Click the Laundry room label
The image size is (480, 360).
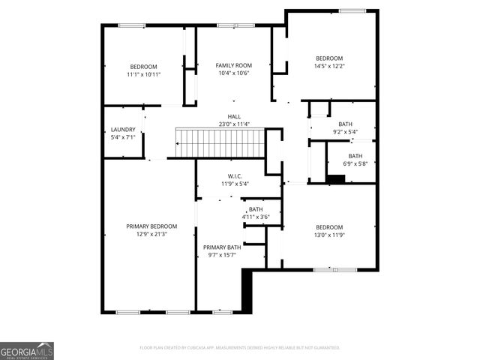tap(123, 130)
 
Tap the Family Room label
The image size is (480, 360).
tap(233, 66)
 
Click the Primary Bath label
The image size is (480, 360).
tap(221, 247)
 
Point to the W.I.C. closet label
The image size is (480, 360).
tap(234, 176)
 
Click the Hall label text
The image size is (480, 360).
tap(234, 117)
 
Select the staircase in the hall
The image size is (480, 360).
tap(219, 142)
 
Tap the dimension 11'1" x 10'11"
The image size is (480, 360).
tap(144, 74)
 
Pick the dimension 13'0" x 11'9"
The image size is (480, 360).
tap(328, 235)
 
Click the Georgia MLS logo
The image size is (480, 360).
tap(27, 351)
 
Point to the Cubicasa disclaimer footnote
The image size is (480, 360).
tap(240, 348)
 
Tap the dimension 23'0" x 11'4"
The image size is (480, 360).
tap(234, 124)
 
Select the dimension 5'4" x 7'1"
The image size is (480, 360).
tap(123, 137)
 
